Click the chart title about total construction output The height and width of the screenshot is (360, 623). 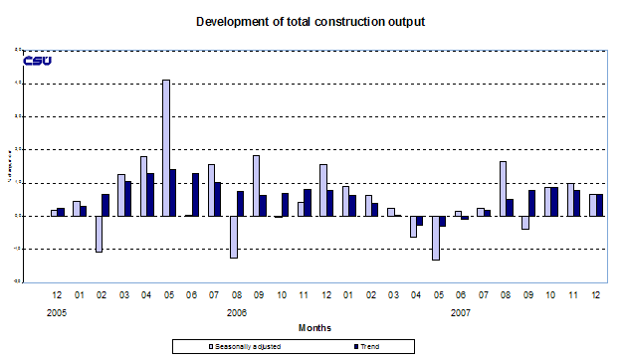[311, 21]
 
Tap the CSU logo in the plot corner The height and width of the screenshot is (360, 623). [37, 61]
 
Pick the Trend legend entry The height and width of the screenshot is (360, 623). [365, 346]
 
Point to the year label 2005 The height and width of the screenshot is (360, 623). [57, 311]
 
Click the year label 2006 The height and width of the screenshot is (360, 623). [236, 311]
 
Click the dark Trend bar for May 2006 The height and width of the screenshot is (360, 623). [173, 192]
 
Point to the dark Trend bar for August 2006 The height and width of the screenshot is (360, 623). [241, 203]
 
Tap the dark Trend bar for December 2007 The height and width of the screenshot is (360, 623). [600, 204]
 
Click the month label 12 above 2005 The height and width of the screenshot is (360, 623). [57, 296]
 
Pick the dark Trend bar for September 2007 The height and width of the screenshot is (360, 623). [532, 202]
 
